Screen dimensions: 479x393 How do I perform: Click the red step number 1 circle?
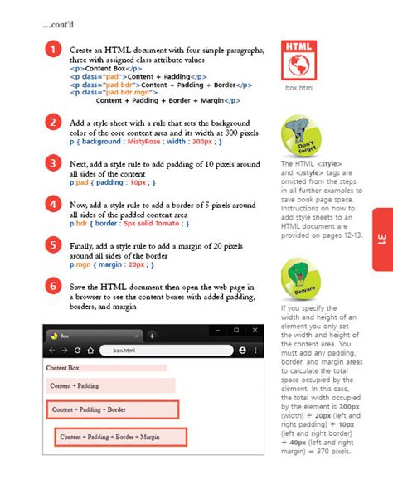tap(52, 50)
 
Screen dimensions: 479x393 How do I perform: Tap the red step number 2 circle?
tap(52, 123)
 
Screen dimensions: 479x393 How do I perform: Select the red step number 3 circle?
tap(52, 164)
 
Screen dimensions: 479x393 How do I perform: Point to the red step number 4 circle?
tap(52, 205)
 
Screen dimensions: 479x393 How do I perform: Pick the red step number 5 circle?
tap(52, 244)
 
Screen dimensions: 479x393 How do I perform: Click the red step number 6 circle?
tap(52, 287)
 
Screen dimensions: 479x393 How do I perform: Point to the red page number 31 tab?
tap(381, 239)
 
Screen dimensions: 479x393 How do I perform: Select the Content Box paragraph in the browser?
tap(62, 368)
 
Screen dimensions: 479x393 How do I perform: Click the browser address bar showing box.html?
tap(166, 351)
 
